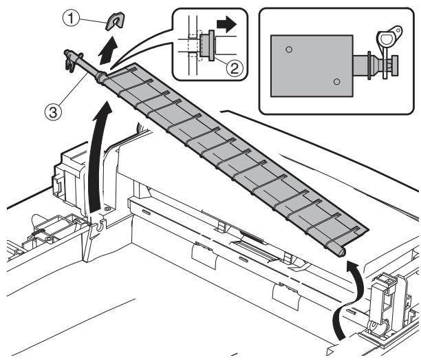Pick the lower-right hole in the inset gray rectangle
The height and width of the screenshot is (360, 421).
[336, 81]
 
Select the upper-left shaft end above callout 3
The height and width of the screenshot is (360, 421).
[71, 55]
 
